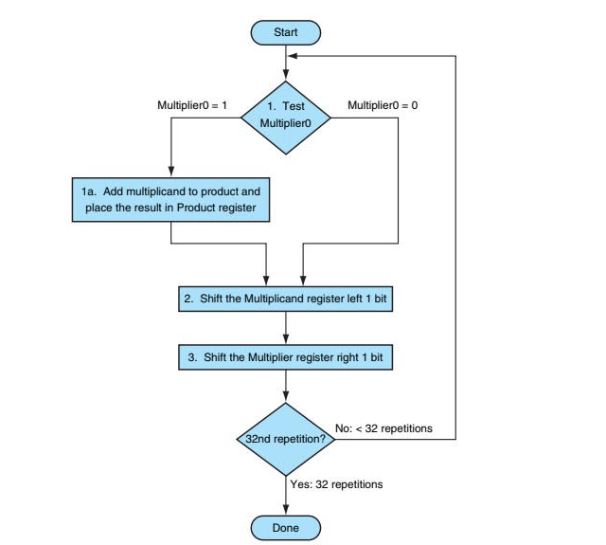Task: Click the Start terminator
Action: (x=285, y=32)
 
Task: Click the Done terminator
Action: (x=285, y=527)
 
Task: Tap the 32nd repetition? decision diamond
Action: (x=285, y=440)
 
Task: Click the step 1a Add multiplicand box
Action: (x=169, y=199)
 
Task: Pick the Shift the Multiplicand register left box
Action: (x=285, y=299)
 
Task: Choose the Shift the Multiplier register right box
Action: (x=285, y=358)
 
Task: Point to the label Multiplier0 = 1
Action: (x=192, y=105)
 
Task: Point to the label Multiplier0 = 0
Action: (x=383, y=105)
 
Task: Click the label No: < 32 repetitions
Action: (x=383, y=428)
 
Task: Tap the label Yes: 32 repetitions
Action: (x=336, y=484)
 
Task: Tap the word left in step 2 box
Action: (x=354, y=299)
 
